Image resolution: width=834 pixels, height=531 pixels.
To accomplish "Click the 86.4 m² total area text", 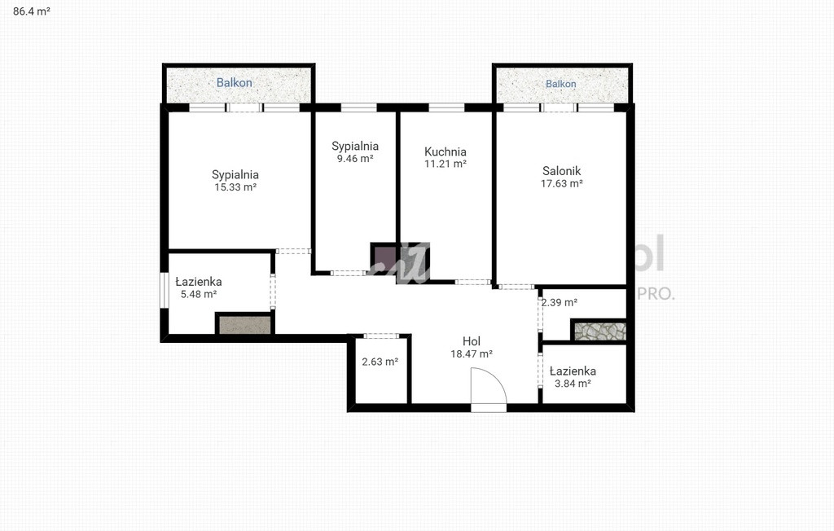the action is coord(32,11).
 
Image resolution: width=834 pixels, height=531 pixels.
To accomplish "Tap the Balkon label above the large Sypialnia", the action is coord(234,82).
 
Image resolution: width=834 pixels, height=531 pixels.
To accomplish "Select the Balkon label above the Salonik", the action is coord(560,84).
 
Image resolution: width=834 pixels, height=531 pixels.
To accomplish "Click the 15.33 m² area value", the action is coord(235,187).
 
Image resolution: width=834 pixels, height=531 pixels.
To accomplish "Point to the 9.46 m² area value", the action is coord(355,158).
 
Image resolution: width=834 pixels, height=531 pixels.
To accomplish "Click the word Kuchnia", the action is coord(446,151).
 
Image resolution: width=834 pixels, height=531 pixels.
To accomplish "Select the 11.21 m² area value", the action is coord(446,164).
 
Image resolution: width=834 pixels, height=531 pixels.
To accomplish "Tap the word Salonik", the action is coord(562,171).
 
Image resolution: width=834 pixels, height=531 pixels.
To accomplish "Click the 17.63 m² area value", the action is coord(562,183).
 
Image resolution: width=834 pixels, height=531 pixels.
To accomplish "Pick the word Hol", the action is coord(472,341).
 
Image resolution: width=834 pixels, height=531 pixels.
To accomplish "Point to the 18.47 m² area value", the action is coord(472,353).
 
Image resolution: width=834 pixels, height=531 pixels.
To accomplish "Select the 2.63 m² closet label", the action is coord(380,362).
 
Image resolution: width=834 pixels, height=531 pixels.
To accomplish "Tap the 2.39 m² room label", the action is coord(560,302).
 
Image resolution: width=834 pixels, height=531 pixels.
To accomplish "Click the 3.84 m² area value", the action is coord(573,383).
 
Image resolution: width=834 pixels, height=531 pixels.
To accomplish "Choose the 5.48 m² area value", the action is coord(199,294).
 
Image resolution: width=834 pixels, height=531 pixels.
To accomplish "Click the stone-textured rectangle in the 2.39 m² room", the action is coord(599,331).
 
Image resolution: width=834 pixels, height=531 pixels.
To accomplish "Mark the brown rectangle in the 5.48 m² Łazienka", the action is coord(244,325).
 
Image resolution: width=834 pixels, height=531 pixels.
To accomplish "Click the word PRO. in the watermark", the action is coord(656,293).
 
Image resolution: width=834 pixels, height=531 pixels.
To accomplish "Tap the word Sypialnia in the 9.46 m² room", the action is coord(355,146).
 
